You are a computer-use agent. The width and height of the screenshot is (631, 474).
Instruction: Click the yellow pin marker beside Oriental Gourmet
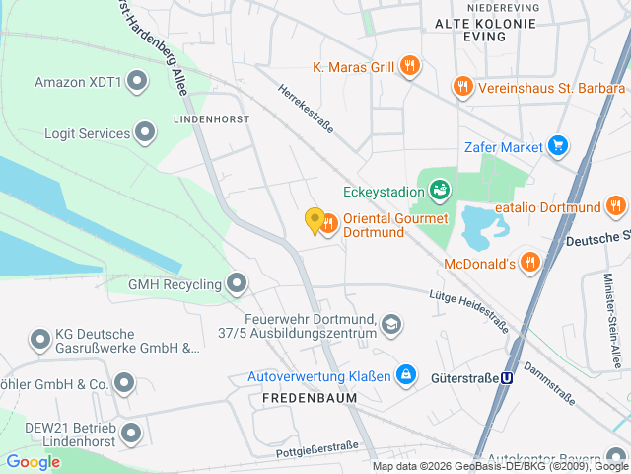tap(315, 221)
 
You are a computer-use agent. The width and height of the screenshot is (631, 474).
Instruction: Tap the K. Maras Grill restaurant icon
tap(410, 67)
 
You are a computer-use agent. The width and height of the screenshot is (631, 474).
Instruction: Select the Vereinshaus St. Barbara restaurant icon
tap(461, 87)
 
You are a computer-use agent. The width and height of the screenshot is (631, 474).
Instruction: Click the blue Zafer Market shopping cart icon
tap(559, 147)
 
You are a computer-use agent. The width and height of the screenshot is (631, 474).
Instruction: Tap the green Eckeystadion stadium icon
tap(440, 188)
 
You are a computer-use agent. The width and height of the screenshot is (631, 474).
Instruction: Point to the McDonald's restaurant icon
tap(530, 262)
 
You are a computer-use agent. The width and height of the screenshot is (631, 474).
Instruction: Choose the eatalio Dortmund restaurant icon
tap(616, 206)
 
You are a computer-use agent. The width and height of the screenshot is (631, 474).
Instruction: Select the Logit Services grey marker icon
tap(146, 131)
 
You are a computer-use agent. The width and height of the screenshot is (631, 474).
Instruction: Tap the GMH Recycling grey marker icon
tap(237, 284)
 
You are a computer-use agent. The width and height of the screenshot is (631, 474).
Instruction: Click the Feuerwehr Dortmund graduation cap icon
tap(392, 324)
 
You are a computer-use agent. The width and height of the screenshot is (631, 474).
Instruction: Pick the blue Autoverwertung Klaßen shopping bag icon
tap(404, 375)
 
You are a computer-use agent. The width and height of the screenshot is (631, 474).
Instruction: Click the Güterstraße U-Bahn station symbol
tap(508, 377)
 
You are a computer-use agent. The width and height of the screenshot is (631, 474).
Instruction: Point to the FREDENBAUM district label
tap(310, 397)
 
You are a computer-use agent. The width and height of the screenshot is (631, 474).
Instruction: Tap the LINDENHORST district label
tap(211, 118)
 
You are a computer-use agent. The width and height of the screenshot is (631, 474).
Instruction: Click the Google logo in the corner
tap(33, 461)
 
